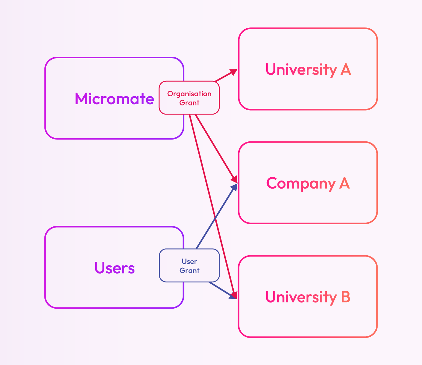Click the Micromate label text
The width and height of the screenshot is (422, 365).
tap(114, 99)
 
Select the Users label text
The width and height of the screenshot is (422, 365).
tap(114, 268)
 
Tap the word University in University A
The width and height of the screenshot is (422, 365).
tap(301, 69)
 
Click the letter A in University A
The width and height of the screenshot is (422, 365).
tap(346, 69)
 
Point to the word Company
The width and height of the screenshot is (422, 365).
tap(301, 183)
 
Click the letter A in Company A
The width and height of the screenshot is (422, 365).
tap(344, 183)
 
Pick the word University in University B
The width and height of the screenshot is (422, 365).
tap(301, 297)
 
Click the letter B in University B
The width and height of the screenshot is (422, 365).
tap(345, 297)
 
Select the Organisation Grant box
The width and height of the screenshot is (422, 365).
tap(189, 98)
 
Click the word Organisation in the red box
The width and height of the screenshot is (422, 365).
tap(189, 94)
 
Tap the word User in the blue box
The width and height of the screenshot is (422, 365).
tap(189, 261)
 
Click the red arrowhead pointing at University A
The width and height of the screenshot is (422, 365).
tap(234, 72)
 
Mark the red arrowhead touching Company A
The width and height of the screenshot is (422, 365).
tap(234, 179)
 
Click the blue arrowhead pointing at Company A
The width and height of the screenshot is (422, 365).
tap(234, 187)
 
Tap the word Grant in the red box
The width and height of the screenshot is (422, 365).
tap(189, 103)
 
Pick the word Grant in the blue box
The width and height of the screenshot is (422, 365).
tap(189, 271)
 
